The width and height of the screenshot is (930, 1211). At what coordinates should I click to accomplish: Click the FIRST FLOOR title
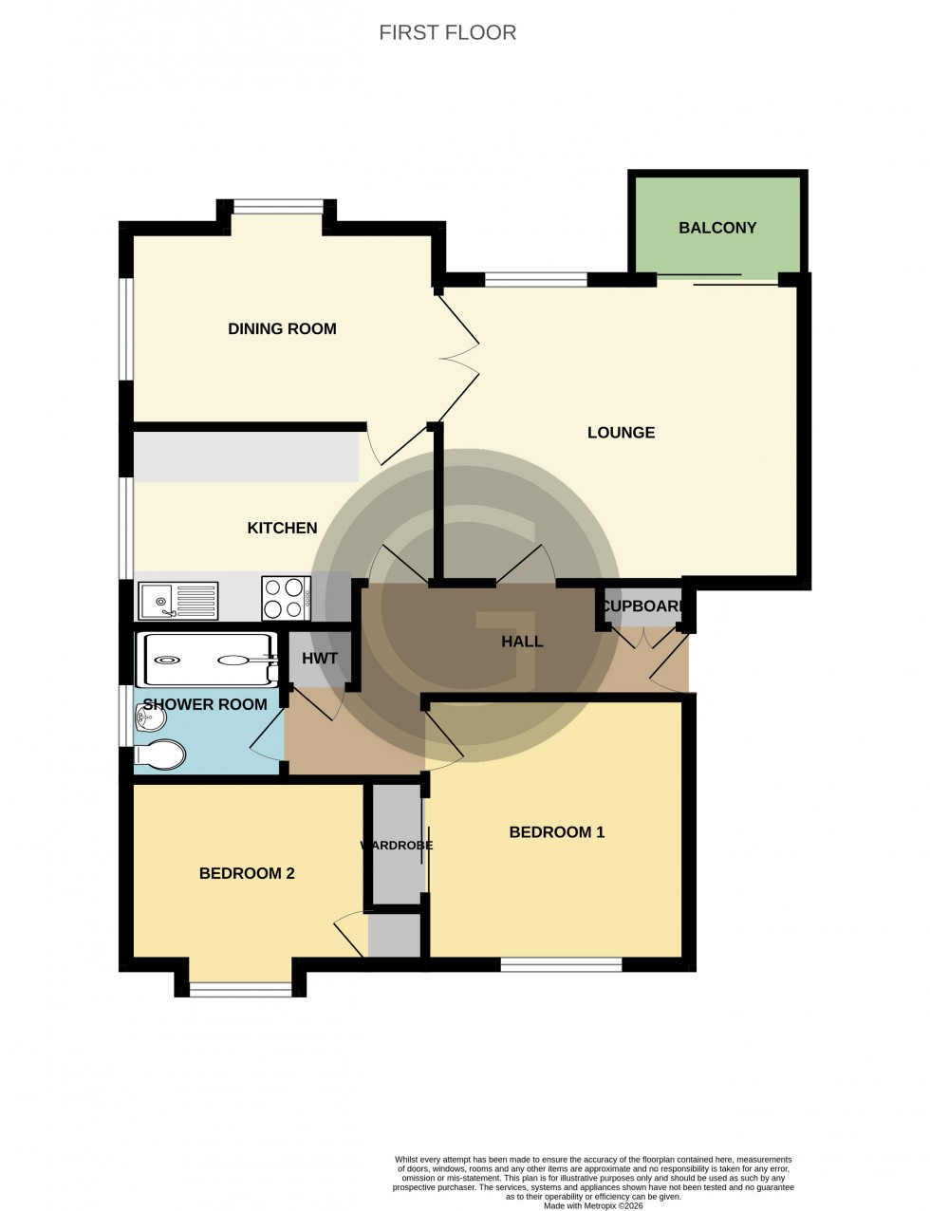448,32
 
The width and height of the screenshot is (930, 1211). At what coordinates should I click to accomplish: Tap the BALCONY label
717,228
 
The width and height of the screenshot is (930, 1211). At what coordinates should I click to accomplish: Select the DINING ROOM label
282,329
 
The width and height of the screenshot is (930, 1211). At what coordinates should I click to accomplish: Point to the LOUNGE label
621,433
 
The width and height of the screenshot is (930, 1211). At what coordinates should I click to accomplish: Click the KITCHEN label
282,528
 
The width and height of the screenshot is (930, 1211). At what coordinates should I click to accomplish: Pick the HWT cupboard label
320,659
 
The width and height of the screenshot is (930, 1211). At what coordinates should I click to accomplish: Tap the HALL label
522,642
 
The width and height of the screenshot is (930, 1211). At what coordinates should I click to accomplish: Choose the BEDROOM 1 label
556,832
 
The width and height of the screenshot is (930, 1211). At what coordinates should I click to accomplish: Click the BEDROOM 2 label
247,873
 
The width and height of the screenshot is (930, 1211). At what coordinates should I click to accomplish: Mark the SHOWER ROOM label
205,704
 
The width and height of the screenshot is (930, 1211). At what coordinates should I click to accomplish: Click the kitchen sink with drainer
177,600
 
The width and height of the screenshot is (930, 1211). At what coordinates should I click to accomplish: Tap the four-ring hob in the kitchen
286,599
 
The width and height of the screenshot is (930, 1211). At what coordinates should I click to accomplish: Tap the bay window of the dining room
278,206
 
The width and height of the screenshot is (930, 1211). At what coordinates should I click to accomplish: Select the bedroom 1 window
561,964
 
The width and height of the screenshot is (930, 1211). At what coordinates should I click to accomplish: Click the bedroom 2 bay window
240,991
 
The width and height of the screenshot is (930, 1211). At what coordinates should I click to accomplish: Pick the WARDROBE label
397,846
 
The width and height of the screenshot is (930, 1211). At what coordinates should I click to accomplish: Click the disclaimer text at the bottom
594,1178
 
